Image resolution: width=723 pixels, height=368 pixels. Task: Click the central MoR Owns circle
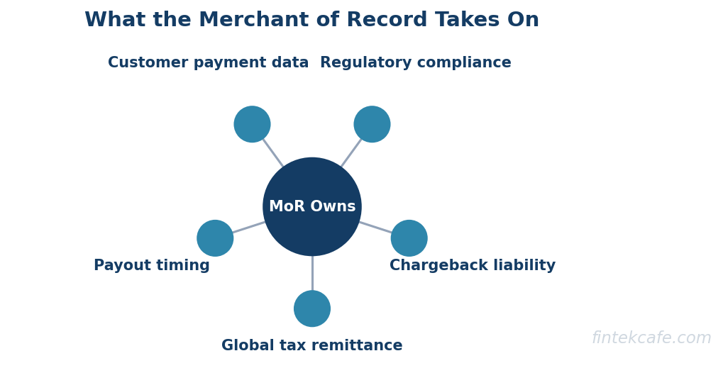tap(312, 207)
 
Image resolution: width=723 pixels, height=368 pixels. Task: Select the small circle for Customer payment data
tap(252, 124)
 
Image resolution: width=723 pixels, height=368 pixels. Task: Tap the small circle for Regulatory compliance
tap(372, 124)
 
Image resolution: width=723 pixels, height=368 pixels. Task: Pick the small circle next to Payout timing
tap(215, 238)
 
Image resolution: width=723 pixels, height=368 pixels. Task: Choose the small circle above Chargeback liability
tap(409, 238)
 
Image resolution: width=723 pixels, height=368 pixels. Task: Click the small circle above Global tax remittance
tap(312, 308)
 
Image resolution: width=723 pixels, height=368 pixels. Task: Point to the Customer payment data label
tap(209, 62)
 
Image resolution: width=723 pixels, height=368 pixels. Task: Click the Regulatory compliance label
tap(416, 62)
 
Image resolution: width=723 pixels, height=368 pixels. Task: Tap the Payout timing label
tap(152, 265)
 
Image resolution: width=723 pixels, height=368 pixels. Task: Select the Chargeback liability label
tap(473, 265)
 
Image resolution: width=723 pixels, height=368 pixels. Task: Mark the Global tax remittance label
tap(312, 345)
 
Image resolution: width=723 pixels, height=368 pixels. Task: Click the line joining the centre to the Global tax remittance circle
tap(312, 273)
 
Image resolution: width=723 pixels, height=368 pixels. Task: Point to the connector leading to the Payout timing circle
tap(249, 227)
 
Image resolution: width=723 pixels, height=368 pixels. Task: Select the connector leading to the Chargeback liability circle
tap(376, 228)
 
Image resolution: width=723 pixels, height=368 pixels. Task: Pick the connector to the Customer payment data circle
tap(273, 153)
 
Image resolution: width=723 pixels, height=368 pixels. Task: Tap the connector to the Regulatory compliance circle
tap(351, 152)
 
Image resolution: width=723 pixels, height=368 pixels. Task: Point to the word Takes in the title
tap(468, 21)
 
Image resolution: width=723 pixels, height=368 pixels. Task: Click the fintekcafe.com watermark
tap(651, 338)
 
